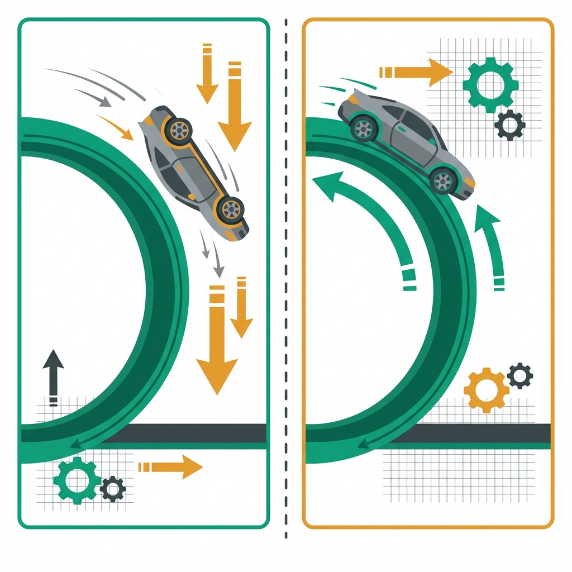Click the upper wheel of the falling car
tap(178, 130)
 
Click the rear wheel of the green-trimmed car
tap(364, 129)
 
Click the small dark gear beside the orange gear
tap(520, 375)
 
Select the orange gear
tap(486, 389)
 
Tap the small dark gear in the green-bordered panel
tap(113, 489)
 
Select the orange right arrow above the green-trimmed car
tap(416, 72)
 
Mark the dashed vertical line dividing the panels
tap(286, 279)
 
